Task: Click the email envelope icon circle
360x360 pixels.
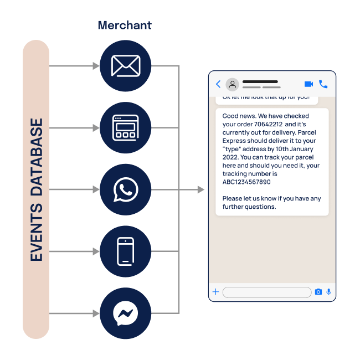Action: [126, 66]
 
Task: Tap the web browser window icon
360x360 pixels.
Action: [126, 128]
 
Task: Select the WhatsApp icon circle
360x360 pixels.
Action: [126, 190]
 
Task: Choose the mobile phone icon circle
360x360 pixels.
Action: [126, 251]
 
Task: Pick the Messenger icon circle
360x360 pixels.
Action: [126, 313]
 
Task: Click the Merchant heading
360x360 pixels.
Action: [125, 25]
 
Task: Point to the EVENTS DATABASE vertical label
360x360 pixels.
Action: [37, 190]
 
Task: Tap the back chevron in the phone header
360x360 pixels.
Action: [218, 84]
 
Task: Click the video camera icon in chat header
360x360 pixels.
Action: [308, 84]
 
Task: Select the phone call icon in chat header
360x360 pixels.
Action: [323, 84]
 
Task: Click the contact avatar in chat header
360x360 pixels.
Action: [233, 84]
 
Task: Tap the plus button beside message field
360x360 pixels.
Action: [215, 292]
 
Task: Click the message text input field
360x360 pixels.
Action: [266, 292]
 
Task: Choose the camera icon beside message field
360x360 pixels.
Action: [318, 292]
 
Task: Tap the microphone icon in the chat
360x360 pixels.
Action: [328, 292]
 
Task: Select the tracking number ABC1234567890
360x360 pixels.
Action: [246, 182]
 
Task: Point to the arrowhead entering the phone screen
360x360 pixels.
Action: [201, 190]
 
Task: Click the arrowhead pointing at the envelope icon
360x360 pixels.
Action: [96, 66]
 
